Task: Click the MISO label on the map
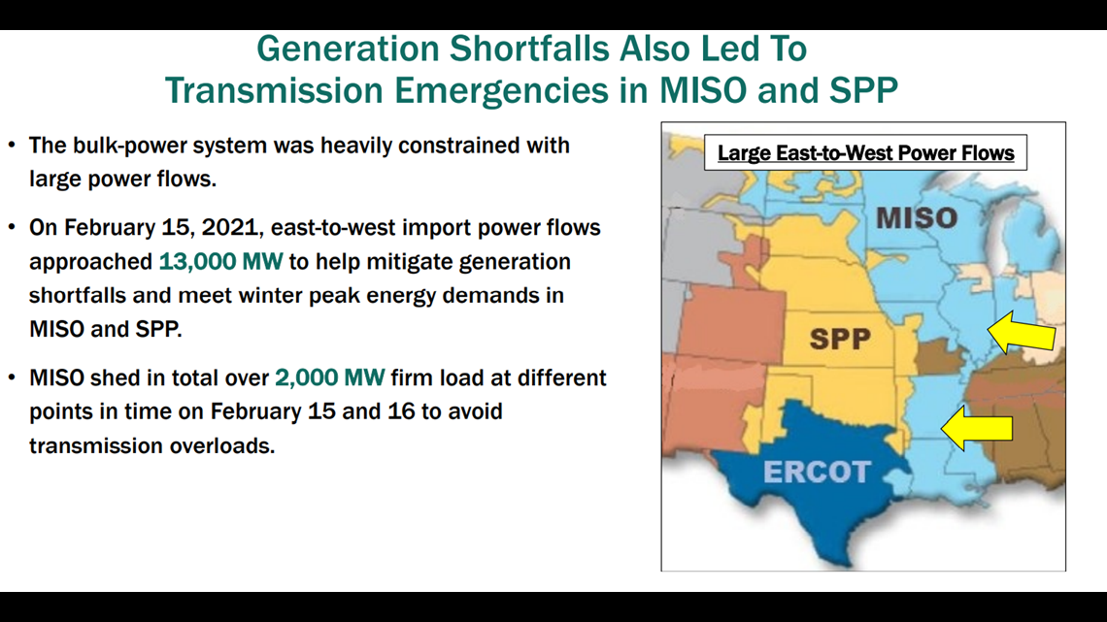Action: point(917,217)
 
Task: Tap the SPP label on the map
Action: point(839,340)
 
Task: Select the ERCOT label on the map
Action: point(817,472)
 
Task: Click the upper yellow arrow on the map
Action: point(1022,332)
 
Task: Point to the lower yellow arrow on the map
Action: point(977,427)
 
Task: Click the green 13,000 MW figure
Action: point(220,262)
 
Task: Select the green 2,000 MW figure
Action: point(330,378)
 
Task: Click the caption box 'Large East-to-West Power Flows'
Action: point(865,153)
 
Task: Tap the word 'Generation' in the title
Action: point(348,49)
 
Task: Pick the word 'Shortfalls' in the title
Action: point(529,49)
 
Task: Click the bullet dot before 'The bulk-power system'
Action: point(12,146)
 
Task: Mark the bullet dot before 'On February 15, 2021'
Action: point(12,227)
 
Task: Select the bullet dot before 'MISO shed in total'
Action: point(12,377)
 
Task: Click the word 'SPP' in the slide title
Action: point(862,91)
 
